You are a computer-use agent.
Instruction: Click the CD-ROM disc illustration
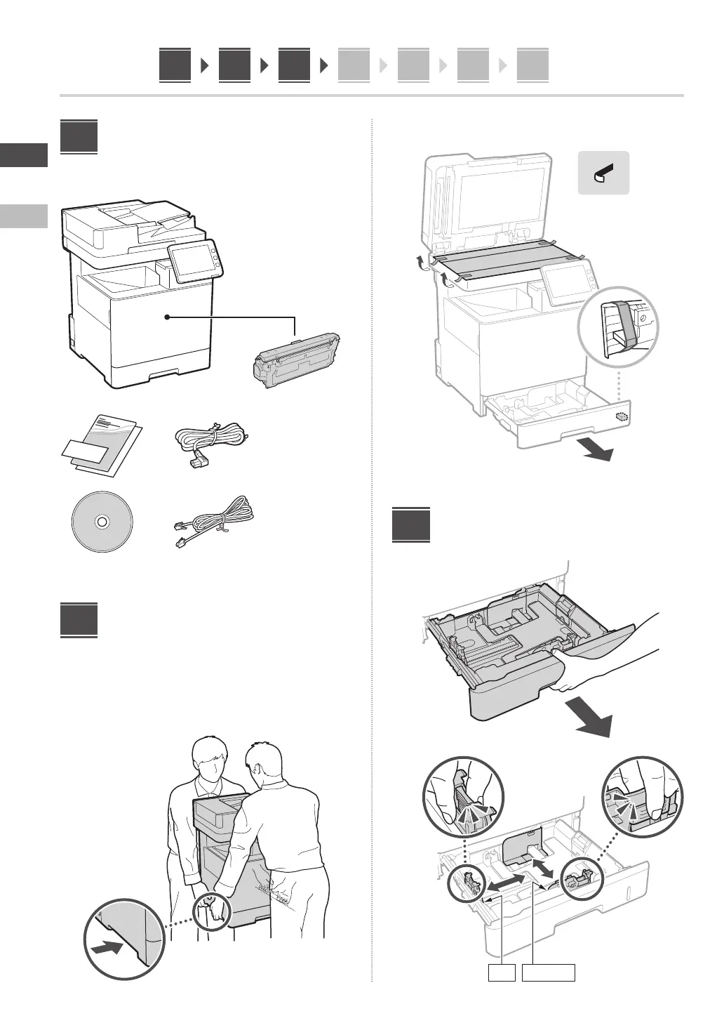(x=102, y=522)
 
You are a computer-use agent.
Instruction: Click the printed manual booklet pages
(x=100, y=447)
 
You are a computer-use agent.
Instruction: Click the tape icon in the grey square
(x=603, y=173)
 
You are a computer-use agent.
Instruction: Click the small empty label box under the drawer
(x=502, y=972)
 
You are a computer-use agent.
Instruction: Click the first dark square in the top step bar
(x=175, y=66)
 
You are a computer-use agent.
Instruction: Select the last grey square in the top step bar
(x=532, y=66)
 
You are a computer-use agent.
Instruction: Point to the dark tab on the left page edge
(x=24, y=154)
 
